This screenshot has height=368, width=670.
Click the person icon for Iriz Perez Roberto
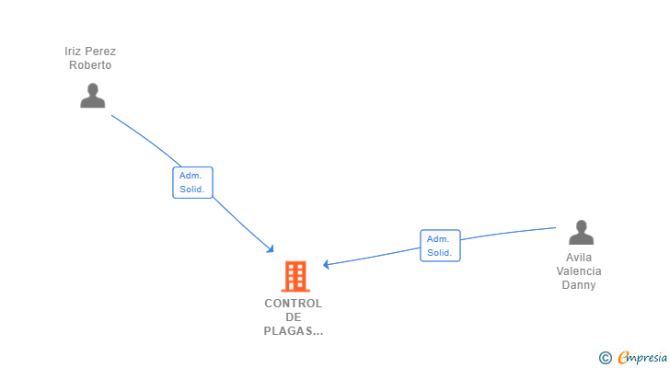point(92,96)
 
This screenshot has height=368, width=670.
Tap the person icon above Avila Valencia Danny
point(581,232)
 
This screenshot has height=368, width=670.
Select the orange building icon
point(295,276)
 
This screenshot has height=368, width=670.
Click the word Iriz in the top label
point(74,52)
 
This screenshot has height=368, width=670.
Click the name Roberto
point(90,65)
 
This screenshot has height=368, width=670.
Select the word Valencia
point(580,271)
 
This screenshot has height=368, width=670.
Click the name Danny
point(579,285)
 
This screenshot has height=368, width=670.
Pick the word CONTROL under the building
point(294,304)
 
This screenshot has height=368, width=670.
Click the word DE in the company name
point(294,317)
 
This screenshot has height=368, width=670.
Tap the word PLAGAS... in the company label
point(294,331)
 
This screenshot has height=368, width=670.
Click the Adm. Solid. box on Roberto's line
point(192,182)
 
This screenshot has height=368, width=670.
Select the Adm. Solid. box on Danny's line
point(440,246)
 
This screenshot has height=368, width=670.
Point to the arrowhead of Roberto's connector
point(271,249)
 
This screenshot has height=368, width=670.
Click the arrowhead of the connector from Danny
point(327,264)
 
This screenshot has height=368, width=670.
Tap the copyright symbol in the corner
point(605,358)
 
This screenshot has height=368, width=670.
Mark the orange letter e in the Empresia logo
point(623,358)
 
